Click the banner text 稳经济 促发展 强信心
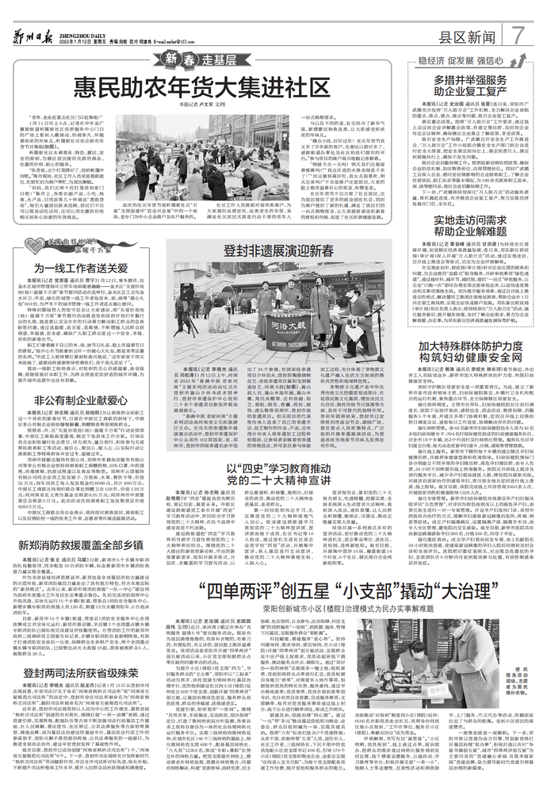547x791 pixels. [466, 59]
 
